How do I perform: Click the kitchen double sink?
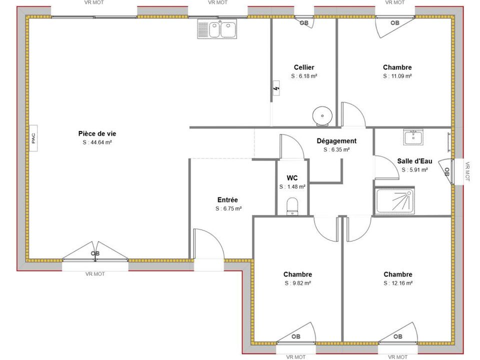pos(217,28)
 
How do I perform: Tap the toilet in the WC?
pos(292,206)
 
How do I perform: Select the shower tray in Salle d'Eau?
pos(395,201)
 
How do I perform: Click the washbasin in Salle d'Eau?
pos(413,137)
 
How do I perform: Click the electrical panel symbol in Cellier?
pos(276,88)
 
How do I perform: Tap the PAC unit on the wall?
pos(33,138)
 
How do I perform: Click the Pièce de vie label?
pos(97,133)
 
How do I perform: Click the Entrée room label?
pos(227,200)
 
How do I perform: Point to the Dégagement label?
pos(336,141)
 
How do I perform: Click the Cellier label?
pos(304,67)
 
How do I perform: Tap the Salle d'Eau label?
pos(415,161)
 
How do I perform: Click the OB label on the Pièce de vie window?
pos(95,253)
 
